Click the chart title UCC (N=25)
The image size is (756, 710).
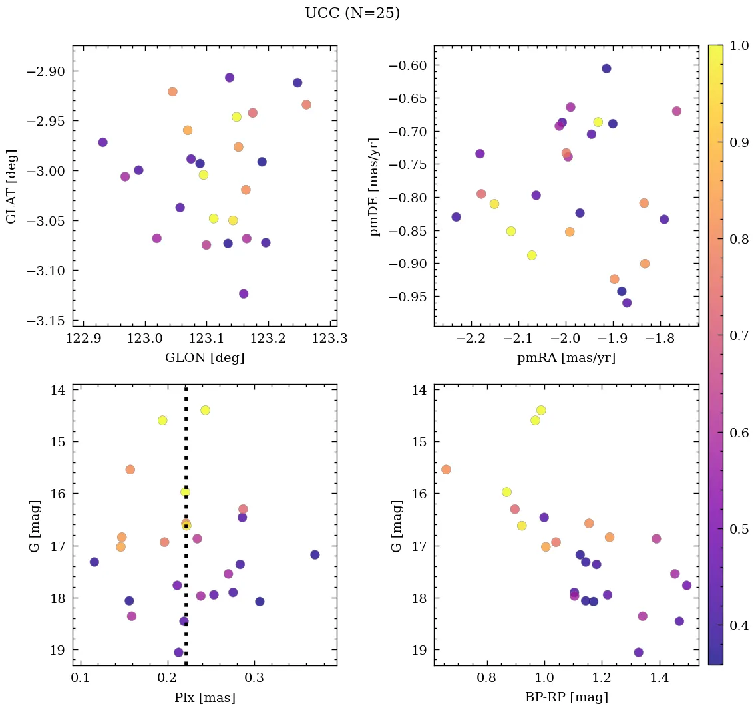(x=352, y=13)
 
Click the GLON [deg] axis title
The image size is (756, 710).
(x=204, y=358)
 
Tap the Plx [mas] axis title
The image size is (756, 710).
(x=204, y=697)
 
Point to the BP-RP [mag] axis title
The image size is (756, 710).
(x=566, y=697)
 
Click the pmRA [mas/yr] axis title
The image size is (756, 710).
(x=566, y=358)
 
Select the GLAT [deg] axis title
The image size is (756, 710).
(x=11, y=186)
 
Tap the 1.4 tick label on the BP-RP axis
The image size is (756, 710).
(x=660, y=679)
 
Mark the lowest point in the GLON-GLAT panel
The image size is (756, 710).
(x=244, y=294)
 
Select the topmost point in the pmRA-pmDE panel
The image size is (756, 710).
(x=606, y=69)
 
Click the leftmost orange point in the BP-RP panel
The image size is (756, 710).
(x=446, y=470)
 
